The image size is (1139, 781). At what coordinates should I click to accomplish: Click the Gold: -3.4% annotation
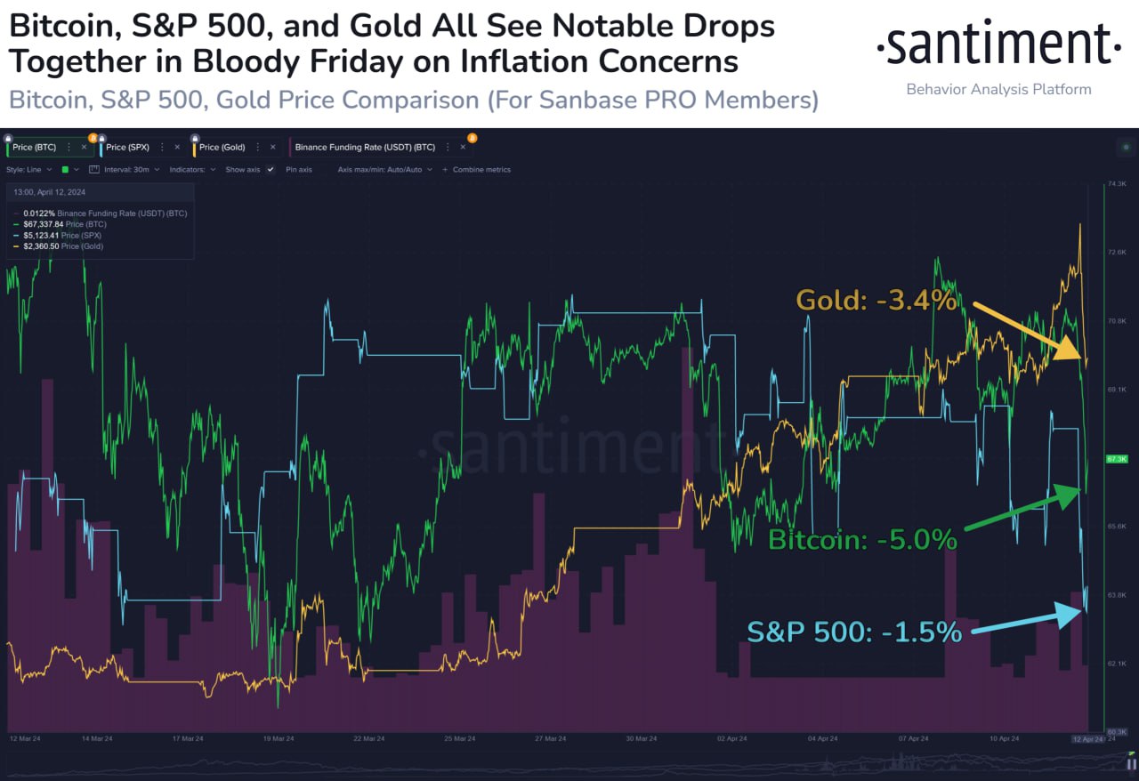pos(876,301)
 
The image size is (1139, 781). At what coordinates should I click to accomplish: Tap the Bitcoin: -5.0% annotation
pos(862,539)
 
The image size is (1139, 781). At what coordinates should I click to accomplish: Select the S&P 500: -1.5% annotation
pos(854,632)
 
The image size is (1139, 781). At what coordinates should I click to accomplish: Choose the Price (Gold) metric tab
pos(222,147)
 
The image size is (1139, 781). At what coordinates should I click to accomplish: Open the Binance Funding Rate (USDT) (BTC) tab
pos(365,147)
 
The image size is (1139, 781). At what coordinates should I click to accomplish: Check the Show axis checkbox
pos(271,169)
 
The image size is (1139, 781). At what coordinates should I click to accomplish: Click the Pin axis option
pos(299,169)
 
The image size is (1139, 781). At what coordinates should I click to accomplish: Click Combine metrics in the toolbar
pos(481,169)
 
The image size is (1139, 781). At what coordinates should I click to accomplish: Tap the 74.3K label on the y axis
pos(1116,184)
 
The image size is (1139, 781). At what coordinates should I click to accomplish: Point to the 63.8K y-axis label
pos(1116,594)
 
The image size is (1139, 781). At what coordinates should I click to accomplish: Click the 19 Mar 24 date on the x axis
pos(278,739)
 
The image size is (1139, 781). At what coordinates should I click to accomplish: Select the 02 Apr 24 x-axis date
pos(731,739)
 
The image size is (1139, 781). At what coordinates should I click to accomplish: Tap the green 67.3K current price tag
pos(1116,459)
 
